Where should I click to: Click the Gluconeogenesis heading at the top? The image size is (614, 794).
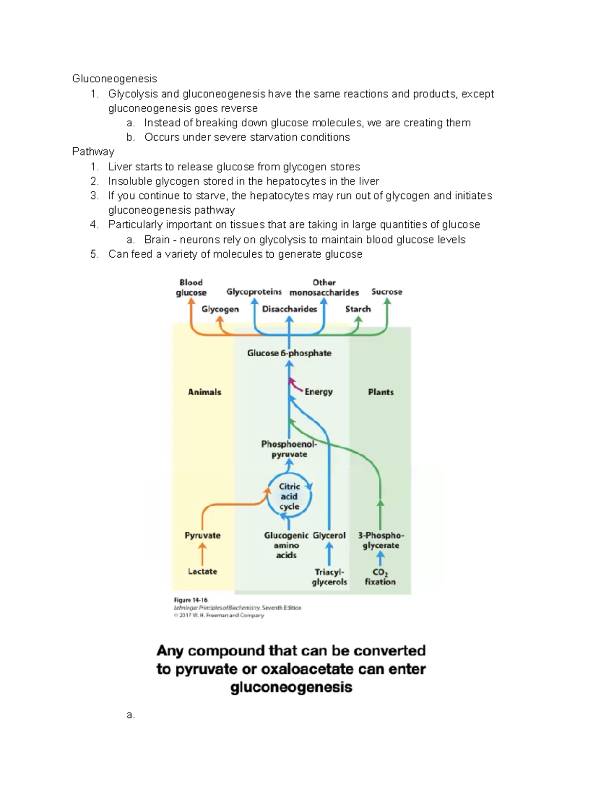click(x=114, y=79)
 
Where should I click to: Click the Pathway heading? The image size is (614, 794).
click(x=93, y=152)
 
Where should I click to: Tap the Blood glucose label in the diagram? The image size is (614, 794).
click(x=191, y=287)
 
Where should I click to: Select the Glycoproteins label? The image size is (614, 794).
click(x=254, y=291)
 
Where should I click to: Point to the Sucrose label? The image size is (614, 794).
click(x=386, y=291)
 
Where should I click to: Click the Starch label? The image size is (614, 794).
click(x=358, y=309)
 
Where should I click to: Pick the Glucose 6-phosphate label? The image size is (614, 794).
click(x=289, y=353)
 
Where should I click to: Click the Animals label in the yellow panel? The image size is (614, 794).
click(x=204, y=392)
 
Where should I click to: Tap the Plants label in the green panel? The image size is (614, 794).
click(x=381, y=392)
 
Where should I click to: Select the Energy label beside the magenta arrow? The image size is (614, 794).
click(x=318, y=392)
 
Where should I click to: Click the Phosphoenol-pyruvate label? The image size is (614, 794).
click(x=289, y=449)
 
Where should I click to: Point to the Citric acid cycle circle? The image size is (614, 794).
click(x=289, y=496)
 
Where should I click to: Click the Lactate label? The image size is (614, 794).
click(x=202, y=571)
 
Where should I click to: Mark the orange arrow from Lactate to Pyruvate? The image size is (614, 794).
click(x=203, y=554)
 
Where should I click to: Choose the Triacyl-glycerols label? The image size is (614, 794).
click(x=330, y=577)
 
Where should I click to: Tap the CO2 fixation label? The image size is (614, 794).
click(x=380, y=577)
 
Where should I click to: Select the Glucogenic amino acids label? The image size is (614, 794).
click(x=286, y=545)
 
